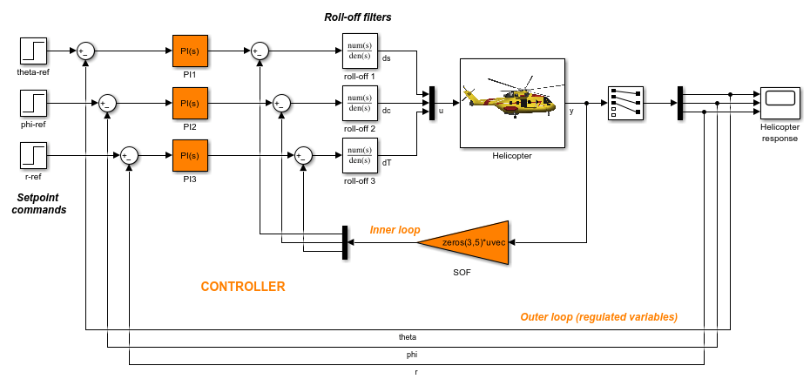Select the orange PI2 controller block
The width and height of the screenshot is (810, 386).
tap(190, 104)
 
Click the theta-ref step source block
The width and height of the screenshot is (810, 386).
tap(33, 51)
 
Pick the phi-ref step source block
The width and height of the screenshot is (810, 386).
tap(33, 103)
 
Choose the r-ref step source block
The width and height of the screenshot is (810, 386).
tap(33, 155)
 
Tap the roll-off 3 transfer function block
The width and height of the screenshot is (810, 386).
tap(359, 155)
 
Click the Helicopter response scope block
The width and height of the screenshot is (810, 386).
tap(780, 103)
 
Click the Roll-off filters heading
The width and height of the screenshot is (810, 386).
tap(358, 17)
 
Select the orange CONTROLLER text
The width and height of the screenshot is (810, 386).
tap(243, 287)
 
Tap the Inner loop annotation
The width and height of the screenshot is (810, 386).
tap(395, 230)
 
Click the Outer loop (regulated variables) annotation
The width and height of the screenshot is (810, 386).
tap(598, 316)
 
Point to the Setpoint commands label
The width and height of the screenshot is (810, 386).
tap(39, 204)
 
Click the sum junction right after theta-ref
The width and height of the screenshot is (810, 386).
tap(86, 51)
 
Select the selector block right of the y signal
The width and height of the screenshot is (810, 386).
tap(625, 103)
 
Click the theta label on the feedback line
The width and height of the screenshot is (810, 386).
tap(408, 336)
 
